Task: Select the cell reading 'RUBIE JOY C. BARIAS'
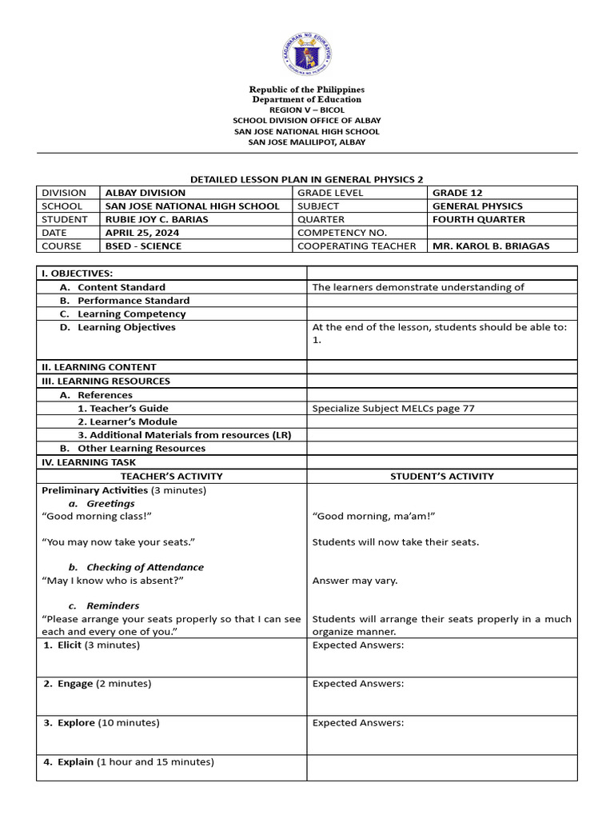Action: pyautogui.click(x=156, y=219)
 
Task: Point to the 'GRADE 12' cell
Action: pyautogui.click(x=457, y=193)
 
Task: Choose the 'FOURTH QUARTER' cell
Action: pyautogui.click(x=479, y=219)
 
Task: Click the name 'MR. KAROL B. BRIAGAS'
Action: pyautogui.click(x=490, y=246)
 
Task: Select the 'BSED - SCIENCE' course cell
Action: pyautogui.click(x=143, y=246)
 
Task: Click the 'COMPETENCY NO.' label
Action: pyautogui.click(x=342, y=233)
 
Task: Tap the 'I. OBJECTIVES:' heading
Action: pyautogui.click(x=77, y=274)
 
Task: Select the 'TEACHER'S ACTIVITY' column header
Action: pyautogui.click(x=171, y=476)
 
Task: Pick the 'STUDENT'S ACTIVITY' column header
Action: pyautogui.click(x=441, y=476)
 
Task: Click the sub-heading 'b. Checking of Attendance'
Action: pyautogui.click(x=136, y=567)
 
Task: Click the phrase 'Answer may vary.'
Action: pyautogui.click(x=354, y=581)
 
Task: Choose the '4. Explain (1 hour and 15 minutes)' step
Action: pyautogui.click(x=129, y=762)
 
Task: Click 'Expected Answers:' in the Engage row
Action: pyautogui.click(x=357, y=684)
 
